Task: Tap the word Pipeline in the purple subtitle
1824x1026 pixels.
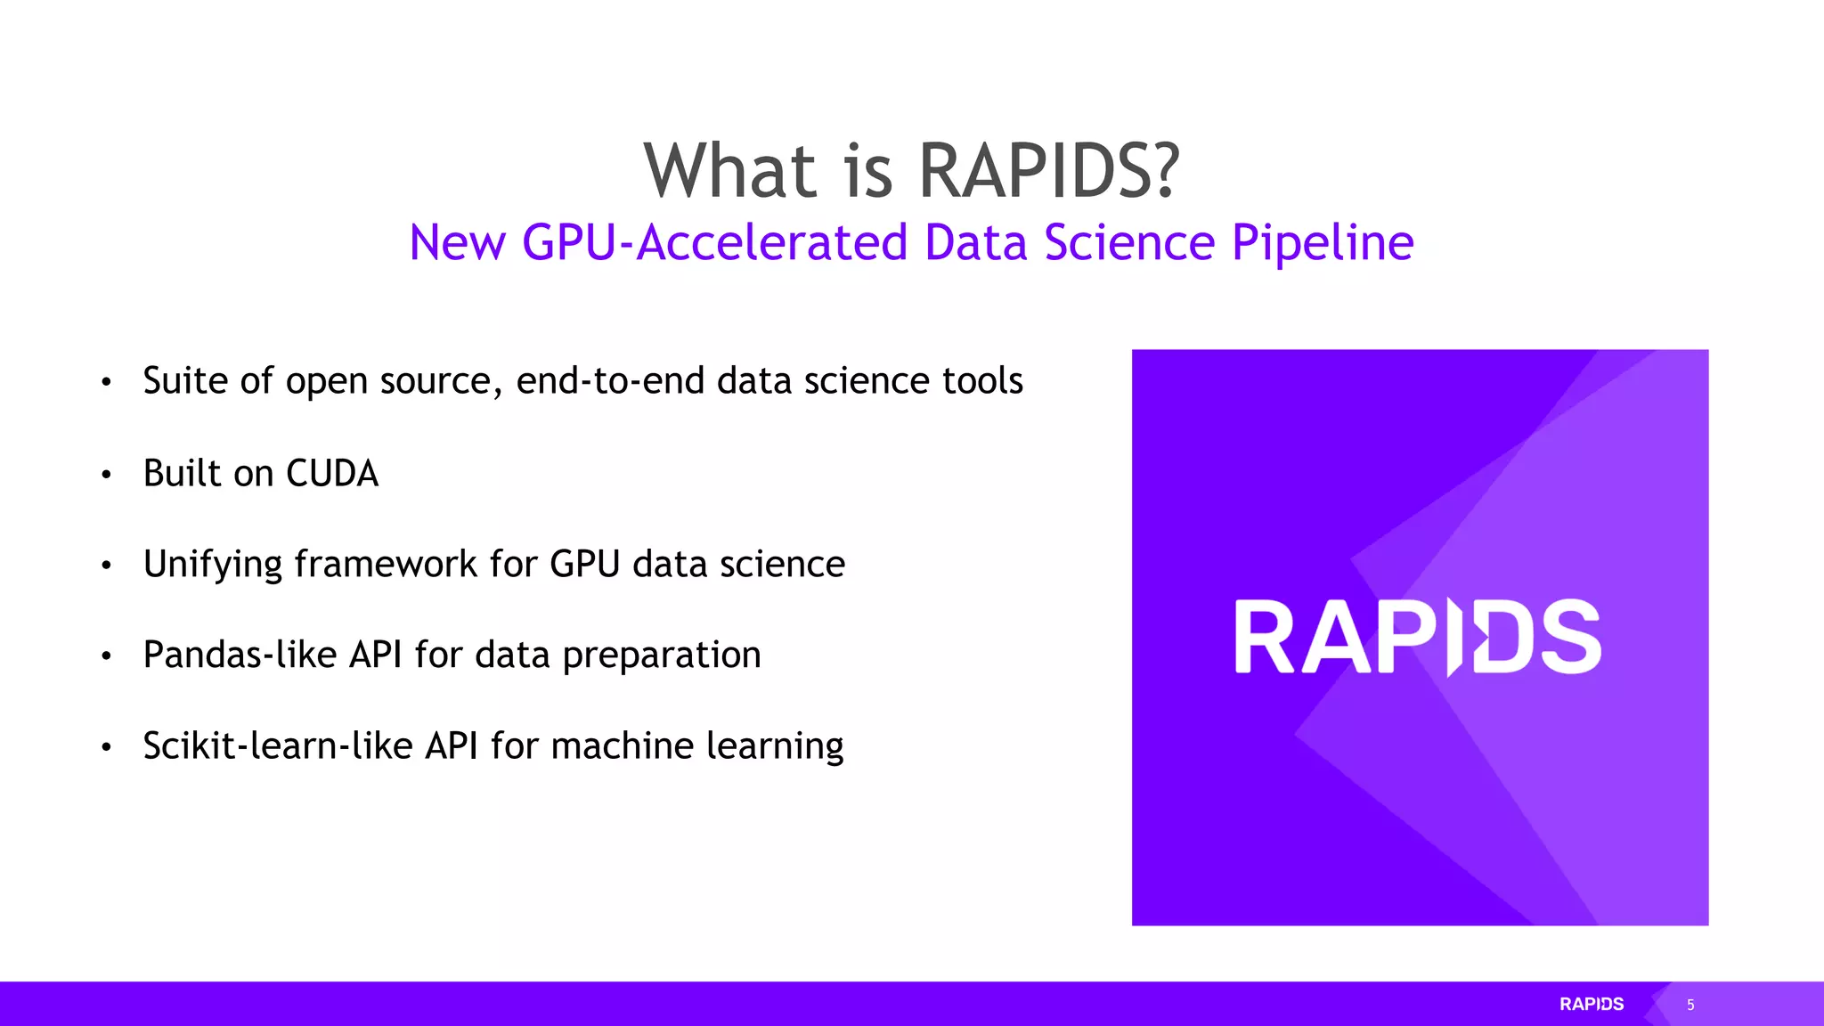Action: click(1323, 242)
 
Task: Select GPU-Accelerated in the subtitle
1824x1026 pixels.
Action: click(714, 242)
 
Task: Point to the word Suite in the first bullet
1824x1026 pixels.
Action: click(185, 381)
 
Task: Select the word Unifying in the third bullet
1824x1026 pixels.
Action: click(212, 565)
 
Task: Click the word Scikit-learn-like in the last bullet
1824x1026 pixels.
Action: click(277, 746)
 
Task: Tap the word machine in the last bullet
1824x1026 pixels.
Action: click(622, 746)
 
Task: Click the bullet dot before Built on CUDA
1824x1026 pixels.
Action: click(106, 475)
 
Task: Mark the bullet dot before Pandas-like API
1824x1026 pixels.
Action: click(106, 656)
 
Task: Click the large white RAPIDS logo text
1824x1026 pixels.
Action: click(1418, 637)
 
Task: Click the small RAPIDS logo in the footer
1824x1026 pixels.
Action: click(1592, 1004)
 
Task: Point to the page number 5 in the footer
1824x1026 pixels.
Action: click(1690, 1005)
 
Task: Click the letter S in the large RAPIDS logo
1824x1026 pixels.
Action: click(1570, 637)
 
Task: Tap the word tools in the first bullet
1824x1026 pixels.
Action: click(982, 381)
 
